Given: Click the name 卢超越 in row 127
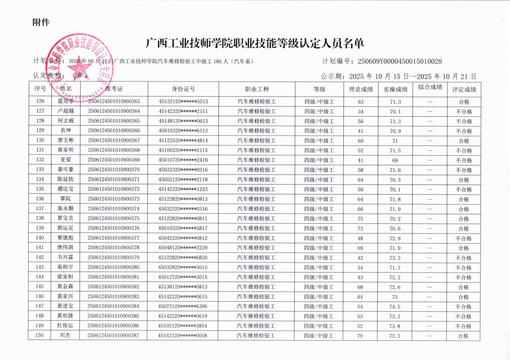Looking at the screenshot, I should point(66,111).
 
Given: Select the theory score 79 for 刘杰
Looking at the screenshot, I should point(361,336).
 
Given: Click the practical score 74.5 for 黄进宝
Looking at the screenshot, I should point(395,307).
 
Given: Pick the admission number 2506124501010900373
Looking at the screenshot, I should point(114,199).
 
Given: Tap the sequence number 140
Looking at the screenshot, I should point(40,238).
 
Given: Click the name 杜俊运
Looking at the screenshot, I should point(65,326).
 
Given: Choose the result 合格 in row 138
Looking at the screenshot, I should point(464,219).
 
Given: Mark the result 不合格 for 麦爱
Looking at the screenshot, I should point(464,160).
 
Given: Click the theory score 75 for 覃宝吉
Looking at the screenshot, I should point(361,219).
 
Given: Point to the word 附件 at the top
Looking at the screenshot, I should point(41,22).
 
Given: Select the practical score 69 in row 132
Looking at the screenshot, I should point(395,160).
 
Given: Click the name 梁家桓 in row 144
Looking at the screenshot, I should point(66,277).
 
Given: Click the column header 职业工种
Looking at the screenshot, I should point(256,89).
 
